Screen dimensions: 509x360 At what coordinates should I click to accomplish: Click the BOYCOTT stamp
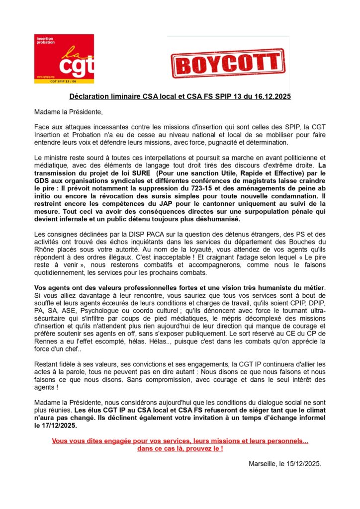[x=227, y=64]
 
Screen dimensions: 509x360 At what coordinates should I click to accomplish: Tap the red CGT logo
[x=64, y=58]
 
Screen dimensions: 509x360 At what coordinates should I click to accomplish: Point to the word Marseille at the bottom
[x=264, y=463]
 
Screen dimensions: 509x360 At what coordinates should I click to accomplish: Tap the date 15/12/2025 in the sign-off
[x=304, y=463]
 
